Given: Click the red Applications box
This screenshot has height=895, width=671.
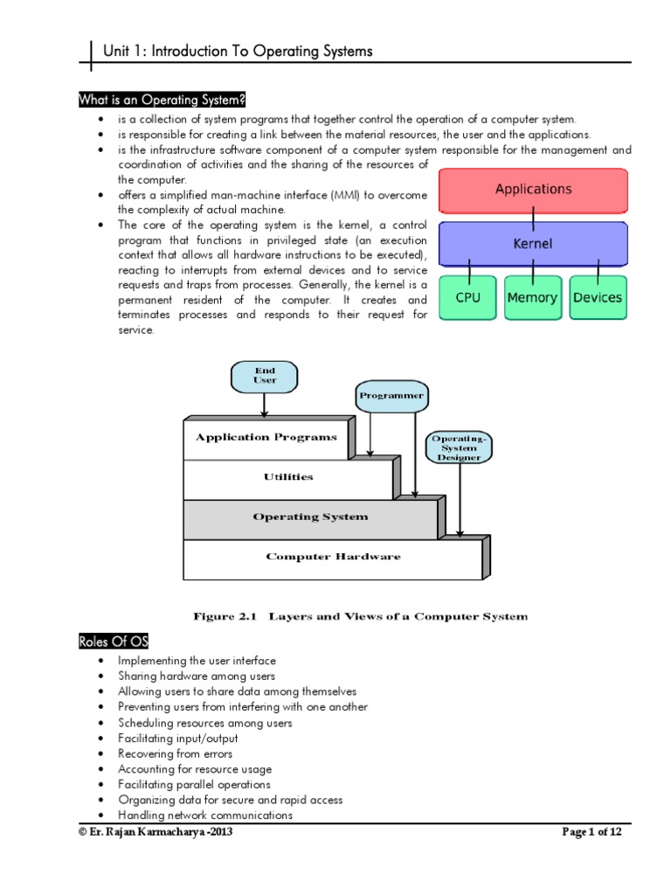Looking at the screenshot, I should click(533, 190).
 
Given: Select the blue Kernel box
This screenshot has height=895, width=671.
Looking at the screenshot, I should click(533, 244).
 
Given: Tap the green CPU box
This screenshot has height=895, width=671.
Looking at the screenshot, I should click(467, 297).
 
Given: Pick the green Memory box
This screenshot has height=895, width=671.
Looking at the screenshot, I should click(532, 297).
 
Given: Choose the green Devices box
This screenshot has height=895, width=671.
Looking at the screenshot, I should click(598, 297).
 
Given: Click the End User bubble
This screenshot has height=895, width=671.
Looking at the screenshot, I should click(265, 375).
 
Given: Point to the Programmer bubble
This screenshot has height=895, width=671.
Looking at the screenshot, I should click(391, 396).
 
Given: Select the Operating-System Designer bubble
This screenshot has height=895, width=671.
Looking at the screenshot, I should click(459, 446).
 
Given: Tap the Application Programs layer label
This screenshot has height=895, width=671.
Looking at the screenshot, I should click(266, 437).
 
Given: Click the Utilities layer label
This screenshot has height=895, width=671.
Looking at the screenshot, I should click(288, 477).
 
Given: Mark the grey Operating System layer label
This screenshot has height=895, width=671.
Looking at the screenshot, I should click(310, 517).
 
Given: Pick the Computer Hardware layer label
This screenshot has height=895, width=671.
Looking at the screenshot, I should click(333, 557).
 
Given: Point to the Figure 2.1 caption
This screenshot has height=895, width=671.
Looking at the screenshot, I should click(360, 616).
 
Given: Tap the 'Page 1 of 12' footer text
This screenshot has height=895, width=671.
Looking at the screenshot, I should click(591, 832).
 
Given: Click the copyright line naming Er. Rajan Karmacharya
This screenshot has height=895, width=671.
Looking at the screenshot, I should click(156, 832).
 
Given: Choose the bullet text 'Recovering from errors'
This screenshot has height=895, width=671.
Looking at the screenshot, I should click(176, 753).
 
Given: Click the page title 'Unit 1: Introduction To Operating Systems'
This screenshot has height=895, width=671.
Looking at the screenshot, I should click(238, 52).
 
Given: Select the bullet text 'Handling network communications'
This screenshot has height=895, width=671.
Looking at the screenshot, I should click(205, 815).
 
